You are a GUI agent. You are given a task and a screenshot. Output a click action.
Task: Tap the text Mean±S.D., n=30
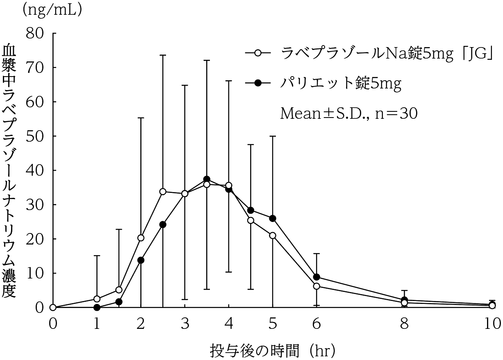pyautogui.click(x=348, y=113)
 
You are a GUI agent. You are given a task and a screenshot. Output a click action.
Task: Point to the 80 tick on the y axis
pyautogui.click(x=35, y=33)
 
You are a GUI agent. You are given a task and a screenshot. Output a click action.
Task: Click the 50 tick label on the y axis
pyautogui.click(x=35, y=136)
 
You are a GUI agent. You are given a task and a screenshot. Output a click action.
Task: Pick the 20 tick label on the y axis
pyautogui.click(x=35, y=239)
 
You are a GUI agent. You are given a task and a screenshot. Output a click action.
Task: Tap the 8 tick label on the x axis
pyautogui.click(x=405, y=324)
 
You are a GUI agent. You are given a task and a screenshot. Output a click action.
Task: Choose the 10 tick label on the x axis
pyautogui.click(x=492, y=324)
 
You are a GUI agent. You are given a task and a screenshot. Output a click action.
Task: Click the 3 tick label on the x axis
pyautogui.click(x=185, y=324)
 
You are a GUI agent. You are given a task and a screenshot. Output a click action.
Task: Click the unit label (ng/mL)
pyautogui.click(x=52, y=10)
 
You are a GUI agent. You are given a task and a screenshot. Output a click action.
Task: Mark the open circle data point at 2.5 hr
pyautogui.click(x=163, y=192)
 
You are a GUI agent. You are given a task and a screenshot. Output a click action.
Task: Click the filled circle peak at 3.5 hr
pyautogui.click(x=207, y=179)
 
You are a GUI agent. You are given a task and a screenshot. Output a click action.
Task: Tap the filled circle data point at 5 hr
pyautogui.click(x=273, y=218)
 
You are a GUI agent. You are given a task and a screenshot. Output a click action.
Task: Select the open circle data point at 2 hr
pyautogui.click(x=141, y=238)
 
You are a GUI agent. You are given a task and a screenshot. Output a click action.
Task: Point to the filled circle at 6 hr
pyautogui.click(x=316, y=277)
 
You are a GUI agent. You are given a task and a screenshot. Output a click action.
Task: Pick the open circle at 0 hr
pyautogui.click(x=53, y=307)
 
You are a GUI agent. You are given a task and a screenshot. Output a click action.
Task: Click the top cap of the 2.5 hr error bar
pyautogui.click(x=163, y=55)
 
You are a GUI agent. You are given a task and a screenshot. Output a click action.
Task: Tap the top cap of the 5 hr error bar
pyautogui.click(x=273, y=136)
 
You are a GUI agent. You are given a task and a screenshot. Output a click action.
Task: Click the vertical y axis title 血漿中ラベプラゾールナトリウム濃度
pyautogui.click(x=10, y=172)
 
